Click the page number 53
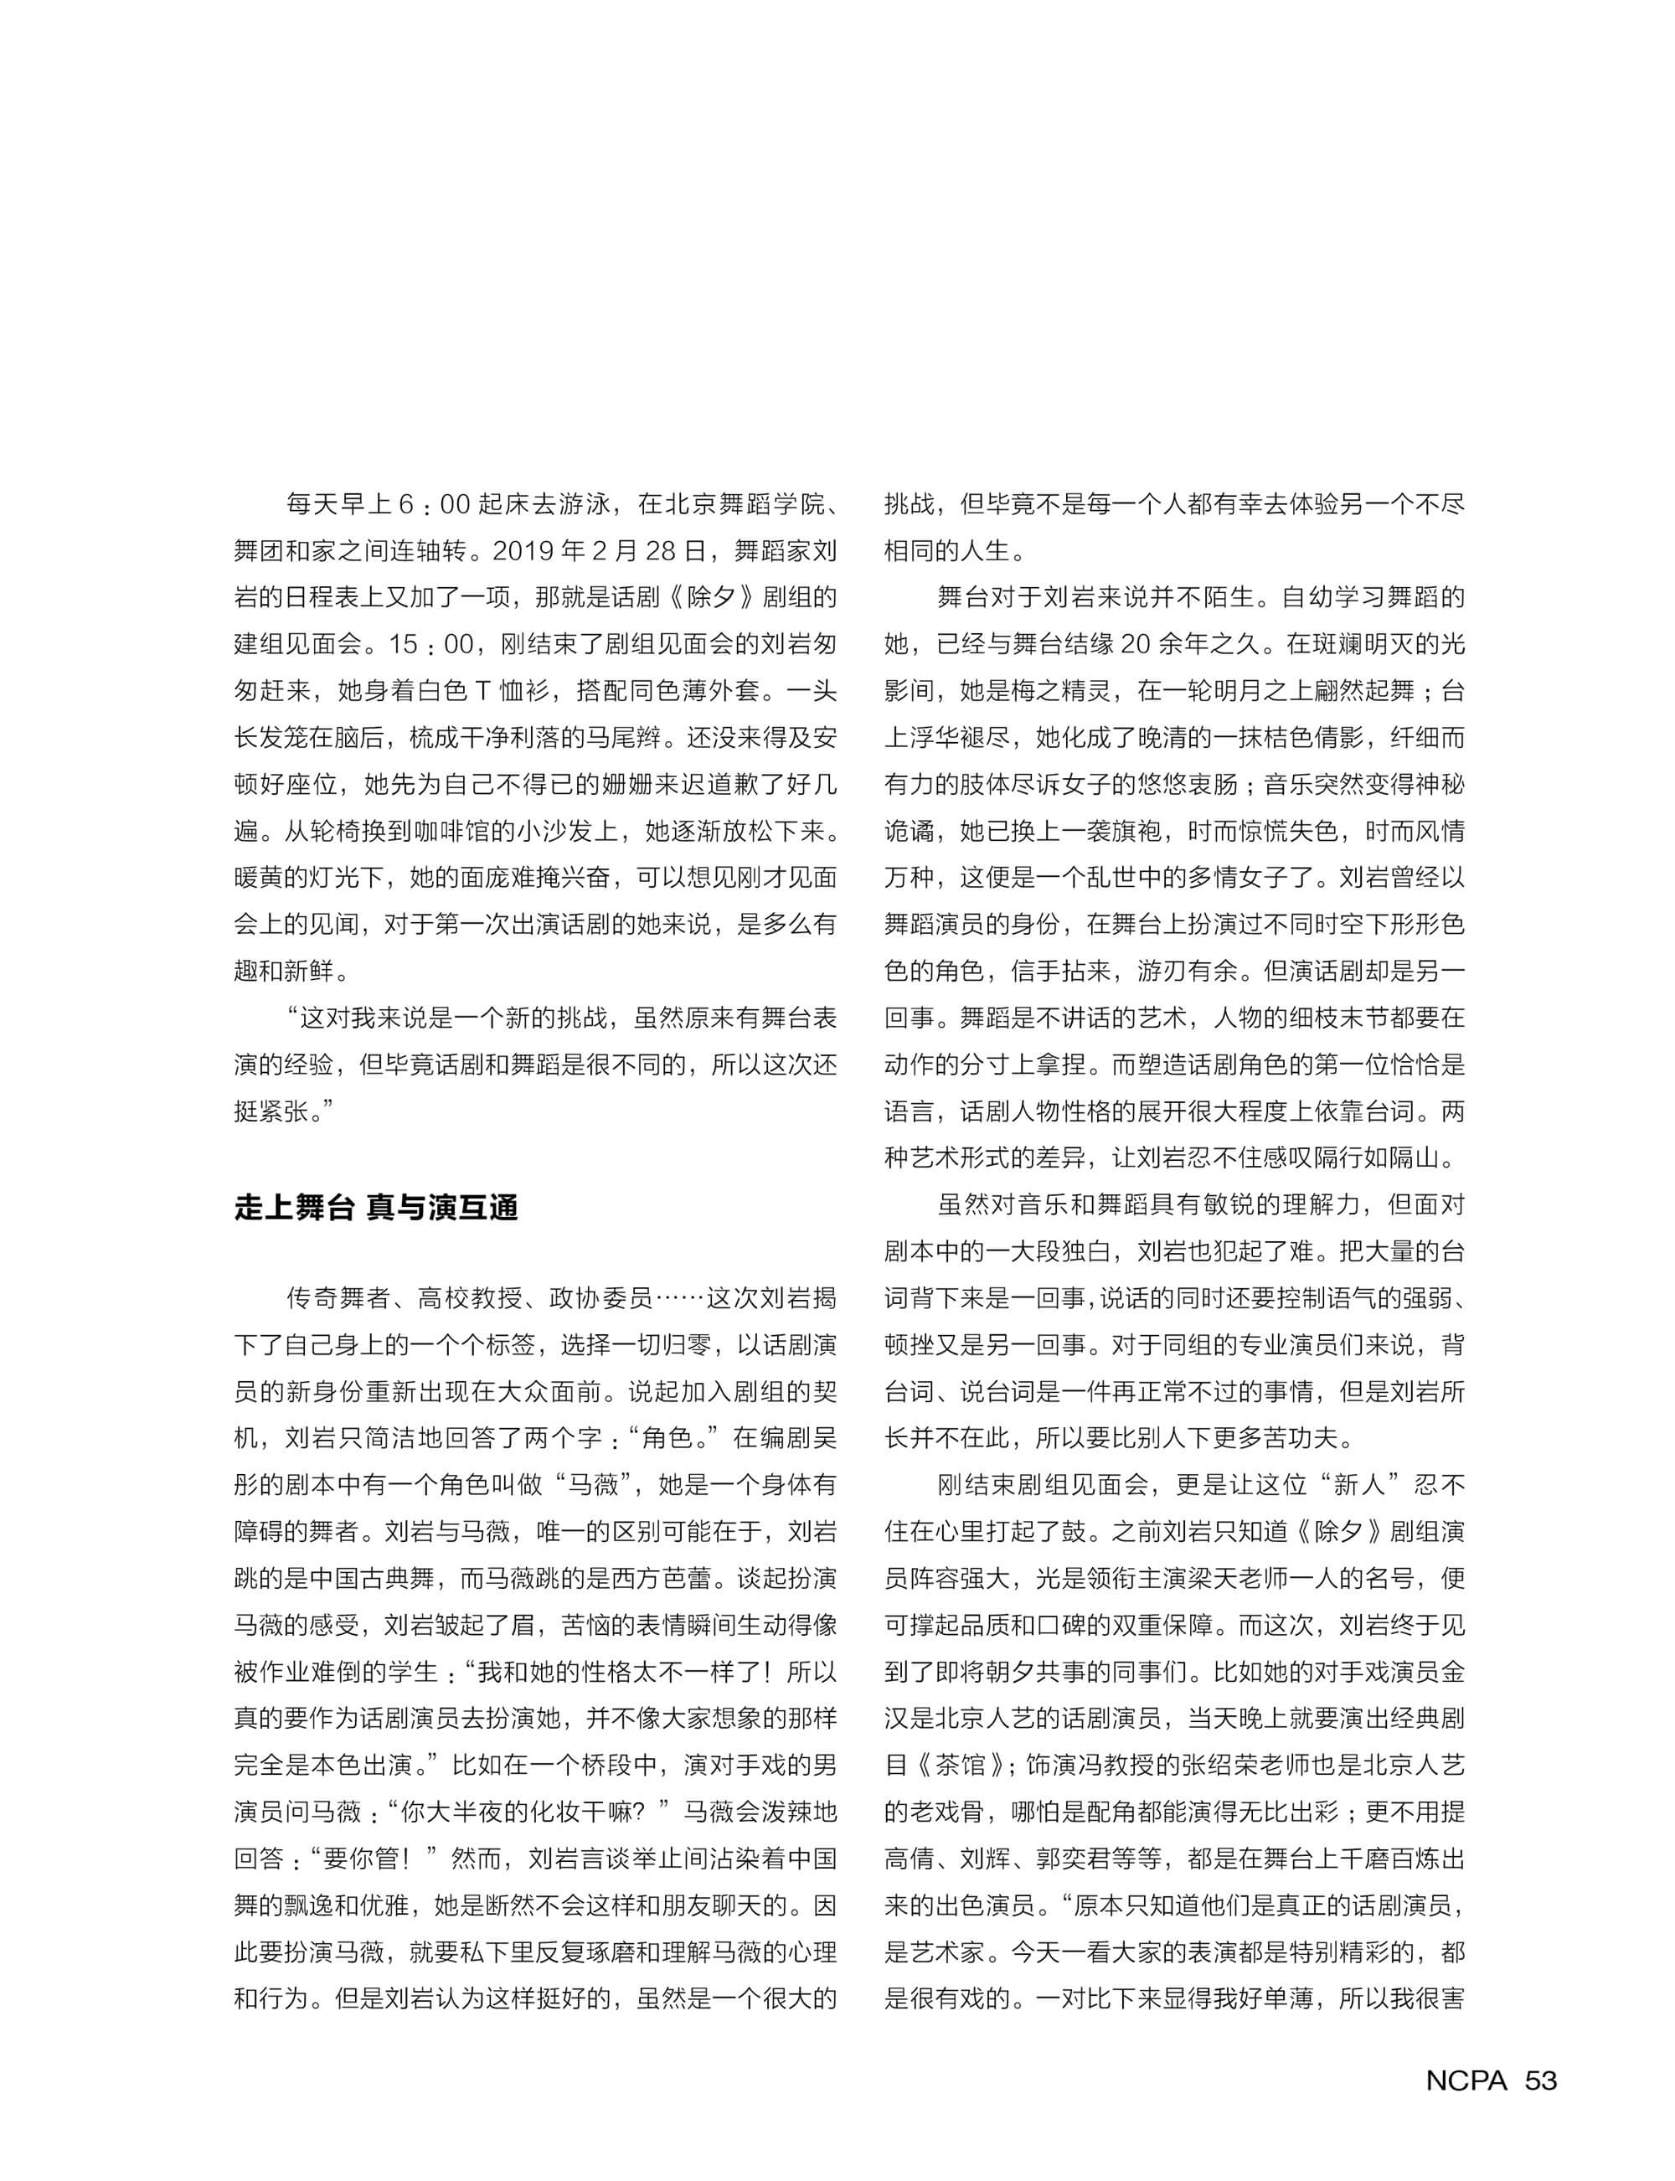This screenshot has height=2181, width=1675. [x=1540, y=2080]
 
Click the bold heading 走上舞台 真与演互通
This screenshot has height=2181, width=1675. [x=376, y=1207]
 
